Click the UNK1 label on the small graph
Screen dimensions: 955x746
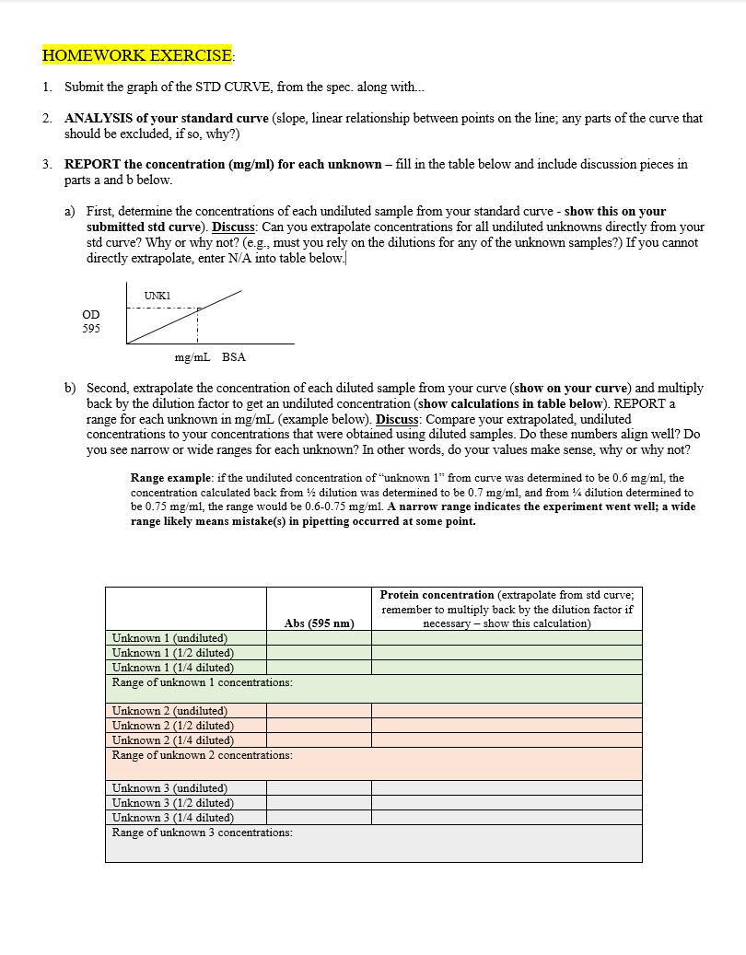[x=157, y=295]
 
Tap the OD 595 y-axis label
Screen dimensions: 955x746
[x=91, y=321]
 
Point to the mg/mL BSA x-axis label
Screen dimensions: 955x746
[x=210, y=356]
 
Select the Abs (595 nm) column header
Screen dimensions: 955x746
[x=319, y=623]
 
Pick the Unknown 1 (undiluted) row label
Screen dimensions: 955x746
[x=169, y=638]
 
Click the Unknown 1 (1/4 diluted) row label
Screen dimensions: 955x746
[x=172, y=668]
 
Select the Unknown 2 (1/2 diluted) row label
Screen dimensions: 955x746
[x=172, y=726]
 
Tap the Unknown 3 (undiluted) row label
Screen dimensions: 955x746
[x=169, y=788]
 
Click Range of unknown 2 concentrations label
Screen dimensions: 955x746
[x=202, y=755]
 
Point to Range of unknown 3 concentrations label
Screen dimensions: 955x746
[x=202, y=833]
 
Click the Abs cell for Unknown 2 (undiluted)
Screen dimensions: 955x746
[x=319, y=711]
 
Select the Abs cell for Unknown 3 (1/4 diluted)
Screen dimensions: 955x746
[x=319, y=818]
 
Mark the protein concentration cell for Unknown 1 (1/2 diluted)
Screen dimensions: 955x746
[x=507, y=653]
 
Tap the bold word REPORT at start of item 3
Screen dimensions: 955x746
[x=90, y=165]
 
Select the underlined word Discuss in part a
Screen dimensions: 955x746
[x=235, y=227]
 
